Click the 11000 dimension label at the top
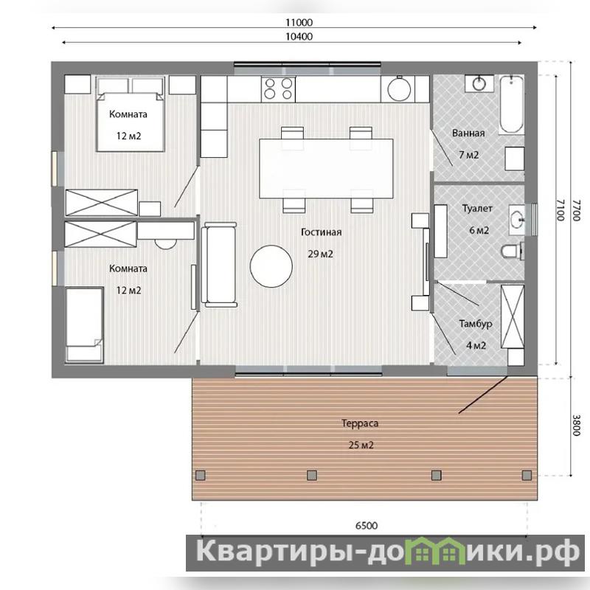click(299, 22)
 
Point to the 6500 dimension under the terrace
click(366, 525)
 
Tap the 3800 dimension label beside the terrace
click(576, 426)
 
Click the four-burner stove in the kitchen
click(278, 88)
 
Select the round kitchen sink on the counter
click(399, 88)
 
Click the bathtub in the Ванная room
click(511, 104)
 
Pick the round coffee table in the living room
click(271, 266)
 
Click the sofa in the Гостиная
click(218, 265)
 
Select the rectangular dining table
click(326, 169)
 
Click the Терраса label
click(360, 423)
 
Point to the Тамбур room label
click(476, 324)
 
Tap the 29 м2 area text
click(320, 254)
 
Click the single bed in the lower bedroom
click(84, 324)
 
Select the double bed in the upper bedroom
click(131, 114)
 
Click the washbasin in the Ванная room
click(479, 83)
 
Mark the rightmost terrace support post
click(527, 475)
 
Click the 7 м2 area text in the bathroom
click(468, 155)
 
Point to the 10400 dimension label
click(299, 36)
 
